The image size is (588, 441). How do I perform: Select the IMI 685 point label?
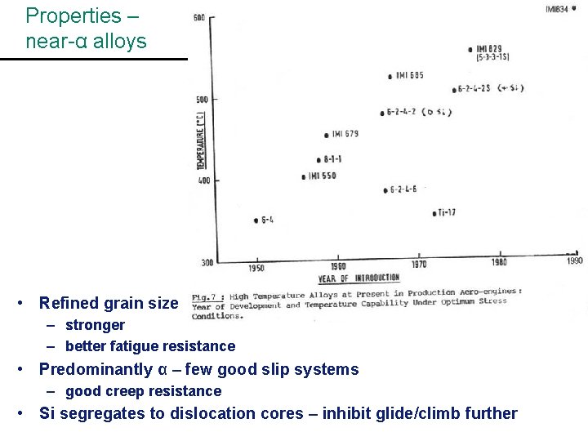(x=410, y=76)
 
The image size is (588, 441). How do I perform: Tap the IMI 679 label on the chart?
(x=345, y=134)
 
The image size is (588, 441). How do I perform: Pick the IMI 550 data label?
(x=322, y=176)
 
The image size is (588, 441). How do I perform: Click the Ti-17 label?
(x=446, y=213)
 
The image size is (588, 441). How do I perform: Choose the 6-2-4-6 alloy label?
(x=403, y=189)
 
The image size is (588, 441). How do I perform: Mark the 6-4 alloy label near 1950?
(x=267, y=220)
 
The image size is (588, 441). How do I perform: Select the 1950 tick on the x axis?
(x=257, y=268)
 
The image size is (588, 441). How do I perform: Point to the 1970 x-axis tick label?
(x=418, y=265)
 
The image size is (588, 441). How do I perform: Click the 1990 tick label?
(x=575, y=261)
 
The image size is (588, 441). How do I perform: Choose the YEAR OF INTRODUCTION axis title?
(x=359, y=278)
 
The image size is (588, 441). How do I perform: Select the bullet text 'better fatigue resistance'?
(x=149, y=346)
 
